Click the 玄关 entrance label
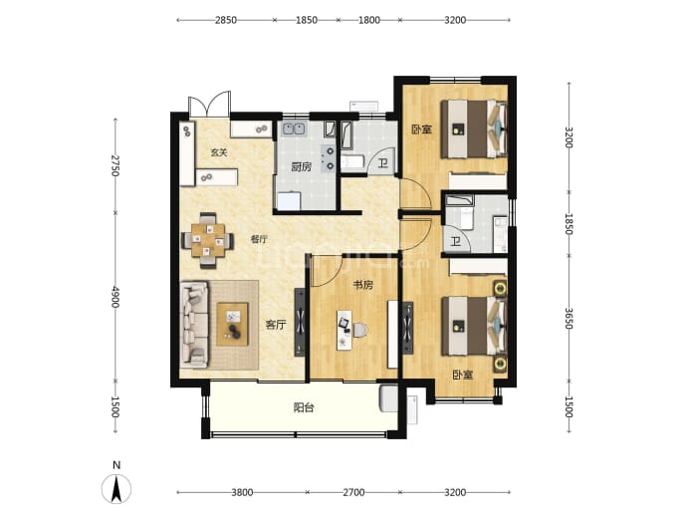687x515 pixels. [x=219, y=152]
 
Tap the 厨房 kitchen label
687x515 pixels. [x=302, y=167]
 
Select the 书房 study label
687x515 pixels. [x=363, y=285]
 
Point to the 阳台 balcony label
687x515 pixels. [x=304, y=408]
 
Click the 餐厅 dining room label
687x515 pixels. [x=259, y=239]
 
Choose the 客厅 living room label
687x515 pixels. [x=276, y=325]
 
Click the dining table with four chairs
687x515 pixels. [x=208, y=240]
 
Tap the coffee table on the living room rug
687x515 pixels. [x=233, y=325]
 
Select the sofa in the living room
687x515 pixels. [x=194, y=325]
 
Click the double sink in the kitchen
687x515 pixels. [x=294, y=129]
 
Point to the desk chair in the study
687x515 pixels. [x=359, y=331]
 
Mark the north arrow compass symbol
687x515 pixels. [x=116, y=489]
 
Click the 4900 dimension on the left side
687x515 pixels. [x=115, y=297]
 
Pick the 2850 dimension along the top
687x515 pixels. [x=226, y=20]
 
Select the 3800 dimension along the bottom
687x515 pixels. [x=242, y=493]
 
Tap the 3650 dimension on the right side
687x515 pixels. [x=569, y=318]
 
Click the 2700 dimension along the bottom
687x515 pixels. [x=353, y=493]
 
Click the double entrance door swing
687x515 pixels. [x=209, y=104]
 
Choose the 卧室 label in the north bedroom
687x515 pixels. [x=421, y=129]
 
